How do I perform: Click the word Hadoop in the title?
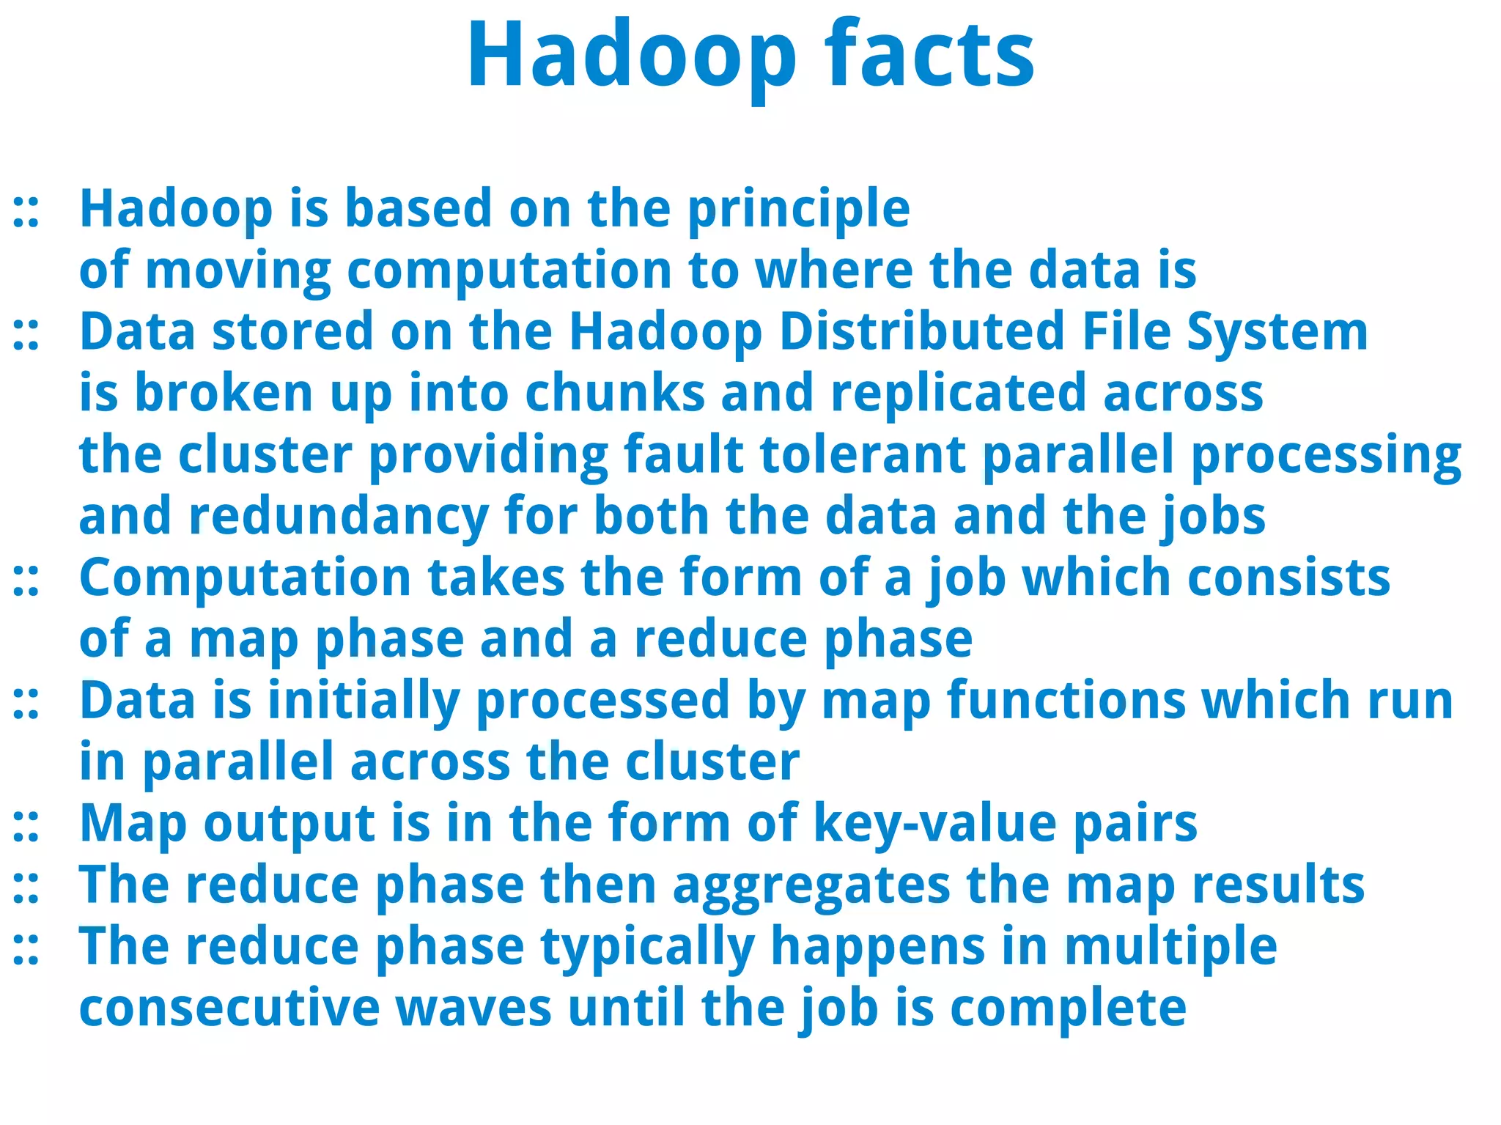[x=631, y=55]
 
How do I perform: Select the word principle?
[x=798, y=210]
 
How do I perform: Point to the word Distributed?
[x=921, y=331]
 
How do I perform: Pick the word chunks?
[x=615, y=393]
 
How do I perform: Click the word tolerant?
[x=863, y=454]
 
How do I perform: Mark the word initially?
[x=364, y=701]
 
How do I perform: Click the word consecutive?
[x=229, y=1008]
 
